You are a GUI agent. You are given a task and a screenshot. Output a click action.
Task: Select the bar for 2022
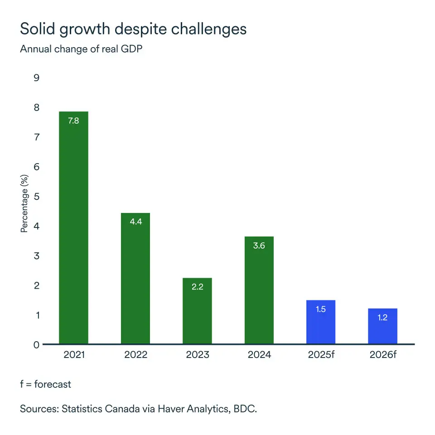(x=135, y=278)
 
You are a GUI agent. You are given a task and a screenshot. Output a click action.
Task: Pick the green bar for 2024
(x=259, y=290)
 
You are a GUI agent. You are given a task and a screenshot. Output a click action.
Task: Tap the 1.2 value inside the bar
(x=382, y=318)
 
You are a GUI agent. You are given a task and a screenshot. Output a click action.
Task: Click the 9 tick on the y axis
(x=37, y=78)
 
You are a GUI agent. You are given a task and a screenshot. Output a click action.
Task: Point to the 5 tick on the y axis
(x=37, y=197)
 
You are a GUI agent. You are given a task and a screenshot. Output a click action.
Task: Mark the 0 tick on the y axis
(x=37, y=345)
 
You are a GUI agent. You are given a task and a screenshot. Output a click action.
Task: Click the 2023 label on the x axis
(x=197, y=355)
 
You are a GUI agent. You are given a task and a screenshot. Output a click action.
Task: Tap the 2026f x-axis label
(x=382, y=355)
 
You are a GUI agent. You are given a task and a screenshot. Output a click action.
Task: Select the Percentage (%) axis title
(x=24, y=205)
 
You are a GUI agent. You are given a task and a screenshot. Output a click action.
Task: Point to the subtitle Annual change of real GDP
(x=81, y=49)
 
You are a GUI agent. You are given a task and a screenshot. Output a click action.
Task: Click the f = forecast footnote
(x=45, y=384)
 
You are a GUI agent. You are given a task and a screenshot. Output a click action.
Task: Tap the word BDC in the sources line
(x=244, y=409)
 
